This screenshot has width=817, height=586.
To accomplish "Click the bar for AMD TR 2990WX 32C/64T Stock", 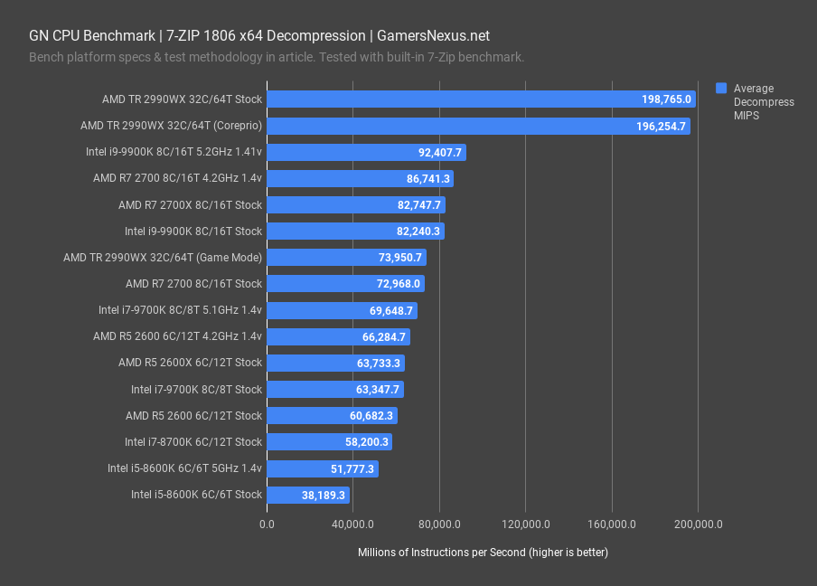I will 481,99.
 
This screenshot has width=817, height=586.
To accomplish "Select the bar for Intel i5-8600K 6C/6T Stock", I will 308,495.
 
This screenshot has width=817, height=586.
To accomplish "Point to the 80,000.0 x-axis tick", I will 439,525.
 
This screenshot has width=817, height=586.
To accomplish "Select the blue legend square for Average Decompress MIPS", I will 721,89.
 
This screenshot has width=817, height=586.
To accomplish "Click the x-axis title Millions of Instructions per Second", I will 483,553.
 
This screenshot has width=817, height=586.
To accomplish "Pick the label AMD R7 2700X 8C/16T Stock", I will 190,205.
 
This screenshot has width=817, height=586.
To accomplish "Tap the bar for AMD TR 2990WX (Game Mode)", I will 346,258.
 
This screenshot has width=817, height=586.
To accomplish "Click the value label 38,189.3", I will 324,496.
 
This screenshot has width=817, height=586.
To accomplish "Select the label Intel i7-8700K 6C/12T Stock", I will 193,442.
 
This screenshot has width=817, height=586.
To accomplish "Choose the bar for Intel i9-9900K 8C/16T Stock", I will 355,232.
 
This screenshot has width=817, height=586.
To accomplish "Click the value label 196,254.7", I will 662,127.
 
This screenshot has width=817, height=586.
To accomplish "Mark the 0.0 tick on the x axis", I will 267,525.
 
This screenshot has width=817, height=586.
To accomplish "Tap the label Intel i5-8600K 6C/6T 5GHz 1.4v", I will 184,468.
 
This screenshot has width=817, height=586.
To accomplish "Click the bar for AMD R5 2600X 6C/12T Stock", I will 335,364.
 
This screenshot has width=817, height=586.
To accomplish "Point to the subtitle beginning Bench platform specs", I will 277,58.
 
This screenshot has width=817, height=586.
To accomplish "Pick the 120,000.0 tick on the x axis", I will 525,525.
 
